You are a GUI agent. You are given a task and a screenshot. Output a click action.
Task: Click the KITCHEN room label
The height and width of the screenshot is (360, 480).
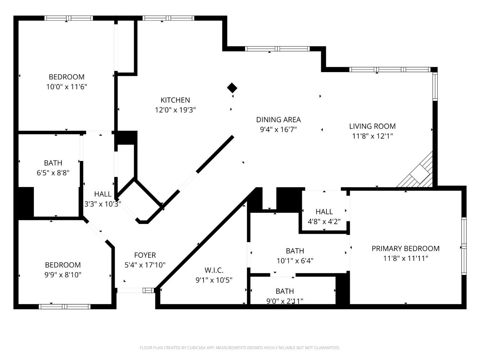(175, 100)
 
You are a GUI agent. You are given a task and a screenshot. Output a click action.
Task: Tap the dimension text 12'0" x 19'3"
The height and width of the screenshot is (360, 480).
(175, 110)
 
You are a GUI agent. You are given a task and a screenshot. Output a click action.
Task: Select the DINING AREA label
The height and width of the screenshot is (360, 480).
(278, 120)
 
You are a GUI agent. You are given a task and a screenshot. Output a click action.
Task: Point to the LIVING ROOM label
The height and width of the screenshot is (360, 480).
(372, 126)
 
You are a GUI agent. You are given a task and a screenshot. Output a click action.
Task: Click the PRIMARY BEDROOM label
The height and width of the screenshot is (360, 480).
(405, 249)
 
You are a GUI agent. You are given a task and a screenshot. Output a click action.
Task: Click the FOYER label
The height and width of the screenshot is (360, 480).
(145, 255)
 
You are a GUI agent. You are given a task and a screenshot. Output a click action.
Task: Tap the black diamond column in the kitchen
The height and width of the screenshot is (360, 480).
(232, 88)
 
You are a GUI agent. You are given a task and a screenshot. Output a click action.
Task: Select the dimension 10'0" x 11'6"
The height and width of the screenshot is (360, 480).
(67, 87)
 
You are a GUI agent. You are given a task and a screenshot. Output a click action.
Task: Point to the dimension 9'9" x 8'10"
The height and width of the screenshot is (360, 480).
(63, 275)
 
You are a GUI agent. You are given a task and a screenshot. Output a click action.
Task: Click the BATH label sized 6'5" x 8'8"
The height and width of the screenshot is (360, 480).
(53, 163)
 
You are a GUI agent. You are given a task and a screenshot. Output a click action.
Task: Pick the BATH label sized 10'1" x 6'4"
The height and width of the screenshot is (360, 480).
(295, 251)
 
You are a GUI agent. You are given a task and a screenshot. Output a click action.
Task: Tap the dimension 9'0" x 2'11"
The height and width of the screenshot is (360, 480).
(284, 301)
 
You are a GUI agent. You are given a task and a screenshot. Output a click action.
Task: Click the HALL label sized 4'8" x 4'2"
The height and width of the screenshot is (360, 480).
(324, 212)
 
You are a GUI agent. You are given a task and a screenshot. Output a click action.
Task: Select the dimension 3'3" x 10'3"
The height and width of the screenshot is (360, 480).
(102, 204)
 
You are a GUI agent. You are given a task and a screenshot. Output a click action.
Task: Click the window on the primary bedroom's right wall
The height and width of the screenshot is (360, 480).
(464, 246)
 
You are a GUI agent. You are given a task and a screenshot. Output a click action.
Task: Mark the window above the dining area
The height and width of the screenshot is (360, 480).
(277, 49)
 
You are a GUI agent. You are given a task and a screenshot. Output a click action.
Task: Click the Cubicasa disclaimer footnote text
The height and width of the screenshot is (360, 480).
(240, 348)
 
